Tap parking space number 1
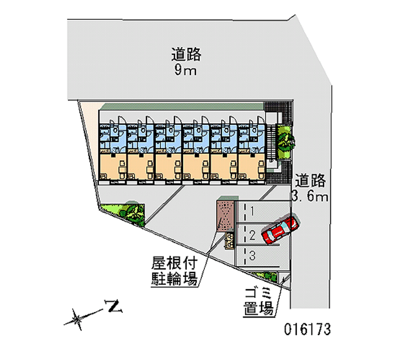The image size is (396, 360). (x=252, y=212)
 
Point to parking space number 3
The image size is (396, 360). (x=252, y=256)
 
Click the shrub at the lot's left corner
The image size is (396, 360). (x=131, y=211)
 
